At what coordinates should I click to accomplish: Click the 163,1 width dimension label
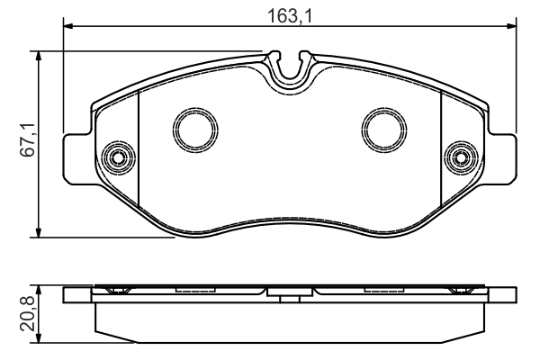point(290,16)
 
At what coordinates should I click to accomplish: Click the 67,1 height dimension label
point(28,139)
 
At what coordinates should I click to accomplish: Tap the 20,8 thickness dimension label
point(28,313)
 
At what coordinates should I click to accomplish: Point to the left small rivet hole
point(119,158)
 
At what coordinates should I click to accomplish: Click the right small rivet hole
point(461,158)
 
